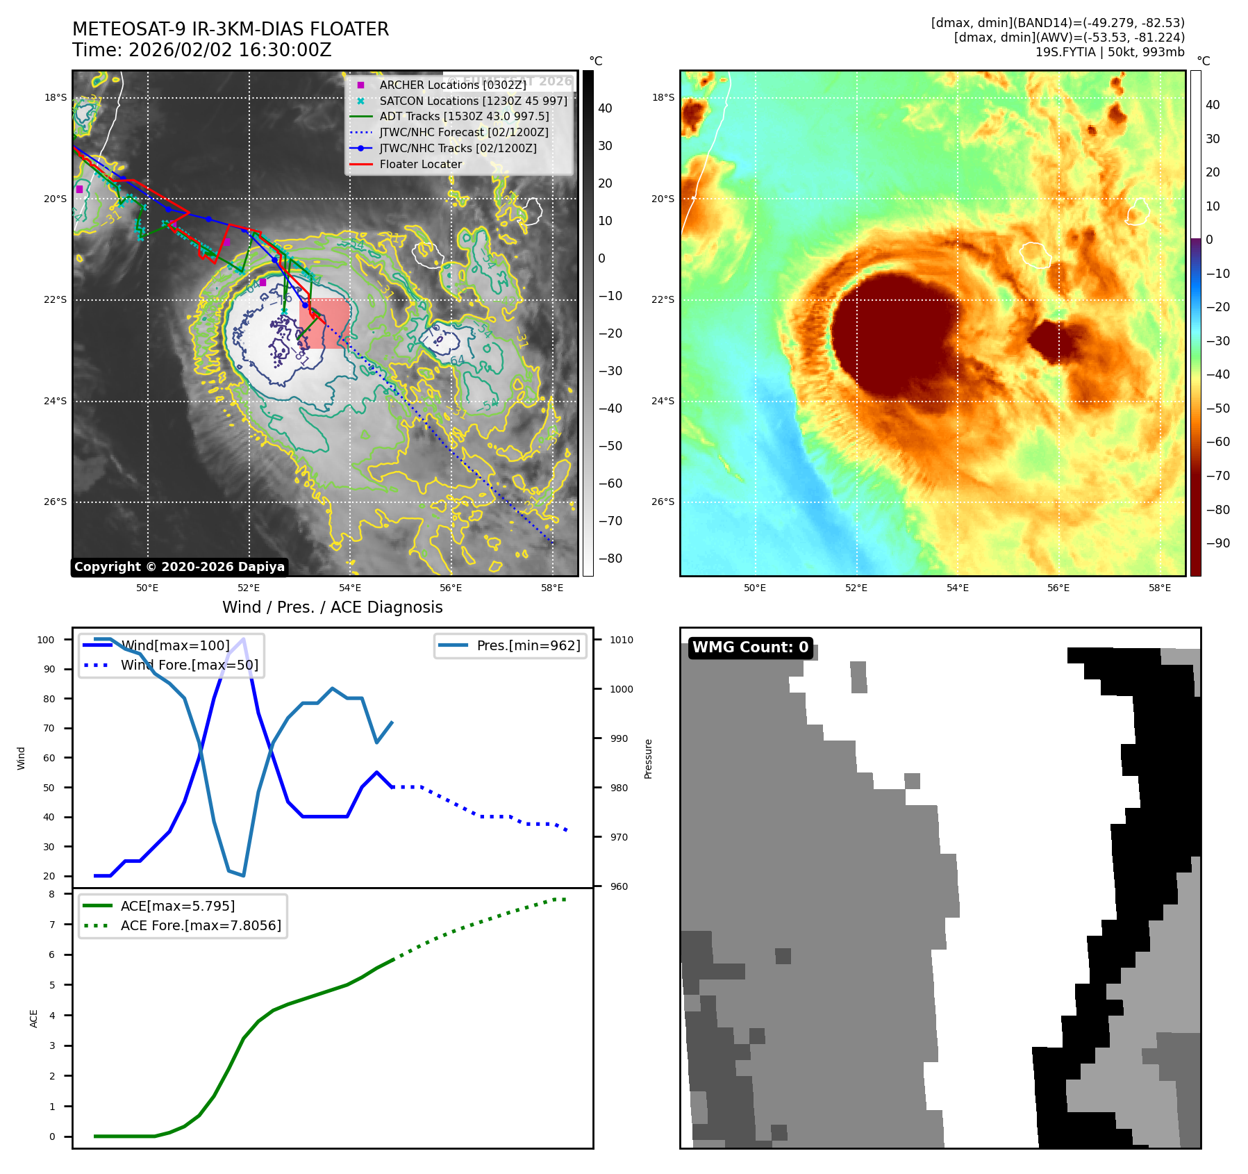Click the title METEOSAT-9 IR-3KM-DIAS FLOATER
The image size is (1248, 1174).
pyautogui.click(x=230, y=29)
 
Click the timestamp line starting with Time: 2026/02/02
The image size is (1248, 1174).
pyautogui.click(x=201, y=50)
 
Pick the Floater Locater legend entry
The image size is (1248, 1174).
pyautogui.click(x=420, y=164)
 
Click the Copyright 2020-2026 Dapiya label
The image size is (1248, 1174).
pyautogui.click(x=179, y=567)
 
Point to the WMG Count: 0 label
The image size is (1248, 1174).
pyautogui.click(x=750, y=647)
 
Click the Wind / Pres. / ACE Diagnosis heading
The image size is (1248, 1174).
pyautogui.click(x=332, y=607)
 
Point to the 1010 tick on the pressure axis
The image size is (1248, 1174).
pyautogui.click(x=622, y=640)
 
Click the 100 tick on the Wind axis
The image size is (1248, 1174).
pyautogui.click(x=46, y=640)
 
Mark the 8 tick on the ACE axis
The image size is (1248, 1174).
pyautogui.click(x=51, y=894)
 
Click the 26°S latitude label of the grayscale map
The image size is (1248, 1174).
pyautogui.click(x=56, y=502)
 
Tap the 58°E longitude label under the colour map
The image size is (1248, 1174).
pyautogui.click(x=1159, y=588)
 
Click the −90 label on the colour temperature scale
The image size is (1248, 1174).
pyautogui.click(x=1217, y=543)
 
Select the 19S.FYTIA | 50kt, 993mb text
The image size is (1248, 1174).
pyautogui.click(x=1109, y=52)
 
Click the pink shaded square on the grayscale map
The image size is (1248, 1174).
pyautogui.click(x=324, y=323)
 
